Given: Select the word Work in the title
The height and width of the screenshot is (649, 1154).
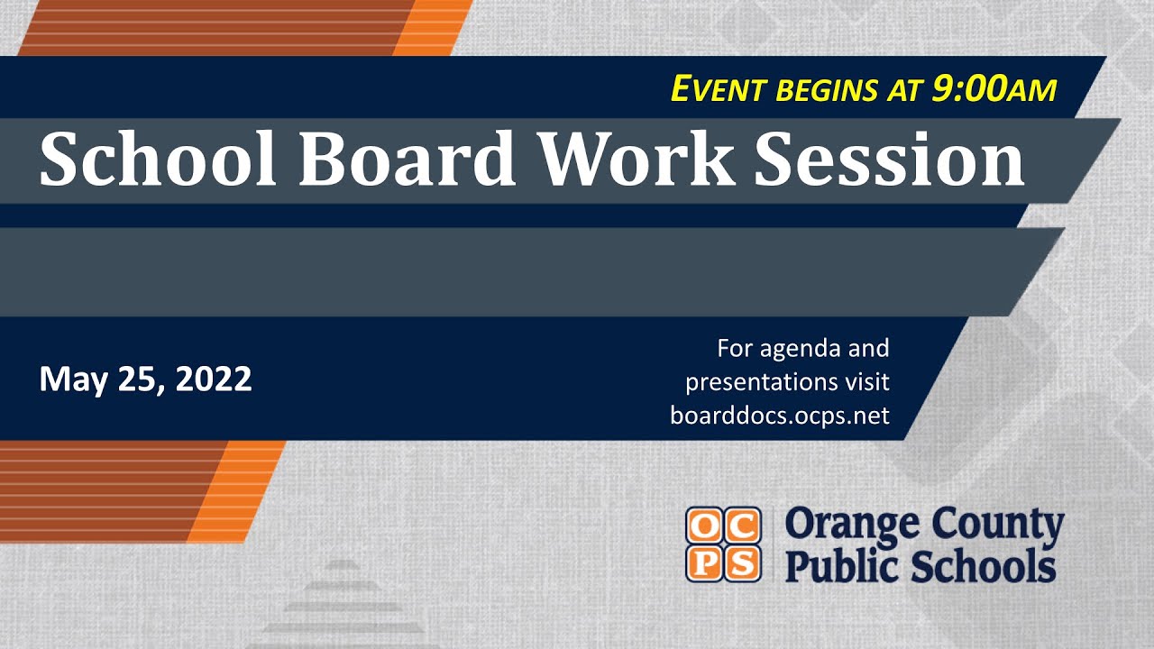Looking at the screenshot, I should pyautogui.click(x=635, y=160).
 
